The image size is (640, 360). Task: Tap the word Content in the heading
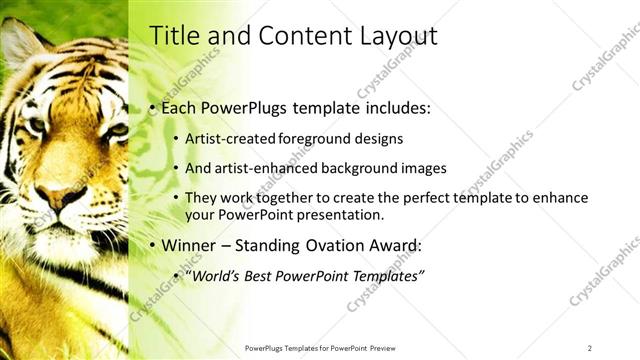click(297, 36)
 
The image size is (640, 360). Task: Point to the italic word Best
click(265, 275)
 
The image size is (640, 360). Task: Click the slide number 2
click(590, 347)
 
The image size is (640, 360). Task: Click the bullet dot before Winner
click(152, 246)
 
